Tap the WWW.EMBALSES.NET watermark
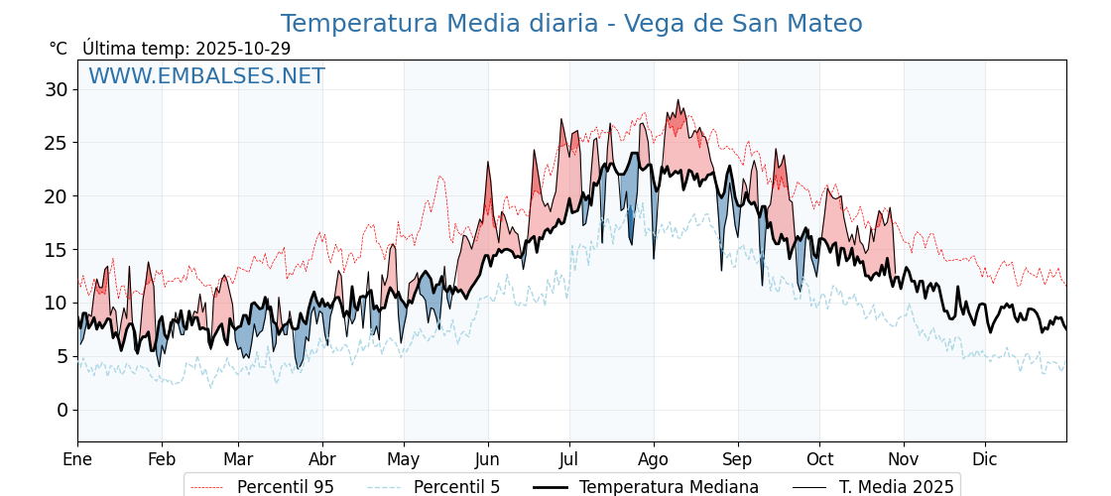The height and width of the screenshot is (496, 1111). tap(206, 76)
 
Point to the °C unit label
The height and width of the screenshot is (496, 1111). tap(58, 49)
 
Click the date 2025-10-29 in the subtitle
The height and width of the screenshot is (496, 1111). tap(243, 49)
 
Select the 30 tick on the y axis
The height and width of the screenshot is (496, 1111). tap(58, 90)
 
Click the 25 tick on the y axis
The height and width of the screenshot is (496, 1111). tap(58, 143)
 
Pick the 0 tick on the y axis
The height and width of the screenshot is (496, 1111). tap(62, 410)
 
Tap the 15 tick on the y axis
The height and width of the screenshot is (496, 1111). tap(58, 250)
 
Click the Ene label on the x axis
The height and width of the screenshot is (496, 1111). tap(77, 459)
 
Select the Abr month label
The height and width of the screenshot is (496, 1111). tap(322, 459)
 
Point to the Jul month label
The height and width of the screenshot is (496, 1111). tap(569, 459)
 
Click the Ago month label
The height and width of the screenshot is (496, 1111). tap(654, 459)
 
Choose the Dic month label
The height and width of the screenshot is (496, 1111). tap(985, 459)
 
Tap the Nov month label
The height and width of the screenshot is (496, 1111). tap(904, 459)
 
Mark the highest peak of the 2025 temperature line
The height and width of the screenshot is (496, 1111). tap(679, 100)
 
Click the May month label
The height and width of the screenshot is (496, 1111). tap(404, 459)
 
